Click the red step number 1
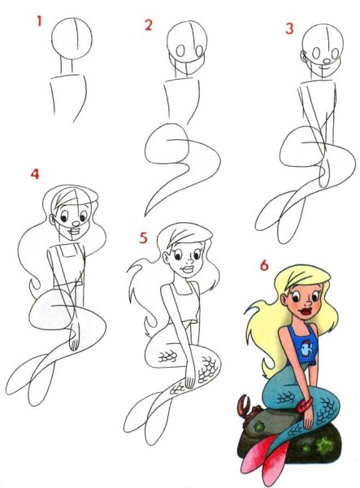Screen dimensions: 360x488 click(39, 21)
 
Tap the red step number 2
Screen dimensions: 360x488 click(149, 25)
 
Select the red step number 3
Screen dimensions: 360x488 click(289, 28)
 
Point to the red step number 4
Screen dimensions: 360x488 click(35, 174)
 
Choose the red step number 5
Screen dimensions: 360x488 click(143, 237)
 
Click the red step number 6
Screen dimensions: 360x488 click(263, 265)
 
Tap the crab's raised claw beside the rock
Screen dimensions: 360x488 click(244, 403)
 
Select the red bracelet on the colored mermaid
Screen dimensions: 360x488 click(304, 405)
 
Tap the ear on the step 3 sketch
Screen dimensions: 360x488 click(303, 56)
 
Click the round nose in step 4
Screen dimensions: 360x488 click(76, 223)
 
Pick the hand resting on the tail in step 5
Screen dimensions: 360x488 click(189, 377)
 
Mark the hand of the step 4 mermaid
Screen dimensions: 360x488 click(74, 339)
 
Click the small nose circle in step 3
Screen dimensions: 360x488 click(327, 62)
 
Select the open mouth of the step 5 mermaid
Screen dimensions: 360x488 click(188, 269)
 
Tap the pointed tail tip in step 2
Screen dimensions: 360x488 click(145, 216)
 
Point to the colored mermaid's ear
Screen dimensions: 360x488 click(284, 300)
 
